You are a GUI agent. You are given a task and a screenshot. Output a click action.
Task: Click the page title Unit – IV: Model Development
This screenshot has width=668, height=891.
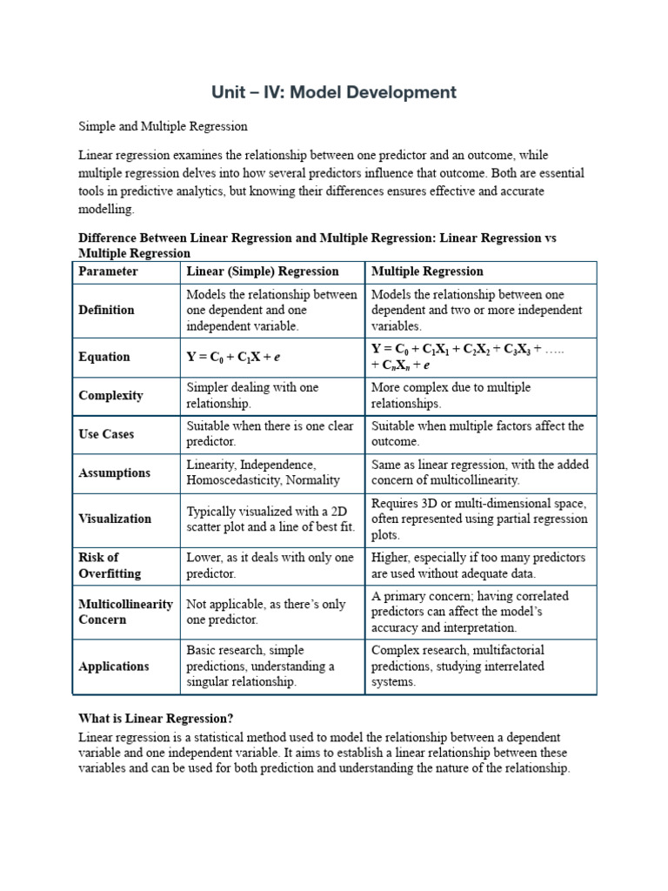click(x=334, y=92)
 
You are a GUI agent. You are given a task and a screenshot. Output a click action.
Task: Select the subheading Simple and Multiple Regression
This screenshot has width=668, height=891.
click(x=163, y=126)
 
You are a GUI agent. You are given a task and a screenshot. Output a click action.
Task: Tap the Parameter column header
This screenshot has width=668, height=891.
click(x=108, y=271)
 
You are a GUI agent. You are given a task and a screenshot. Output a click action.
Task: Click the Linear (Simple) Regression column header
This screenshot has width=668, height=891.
click(x=263, y=271)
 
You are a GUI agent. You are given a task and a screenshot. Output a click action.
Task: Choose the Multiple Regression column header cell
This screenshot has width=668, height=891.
click(x=427, y=271)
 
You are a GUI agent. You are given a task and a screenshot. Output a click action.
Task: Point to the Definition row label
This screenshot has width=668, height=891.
click(x=106, y=310)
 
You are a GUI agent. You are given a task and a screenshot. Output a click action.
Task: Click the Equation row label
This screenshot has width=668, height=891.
click(x=104, y=357)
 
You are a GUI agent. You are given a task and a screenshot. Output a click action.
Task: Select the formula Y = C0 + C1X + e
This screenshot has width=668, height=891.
click(x=236, y=357)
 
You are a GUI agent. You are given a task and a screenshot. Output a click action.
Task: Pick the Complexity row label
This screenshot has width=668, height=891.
click(x=110, y=395)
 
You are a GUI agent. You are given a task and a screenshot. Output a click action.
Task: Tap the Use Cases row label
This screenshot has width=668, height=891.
click(x=106, y=433)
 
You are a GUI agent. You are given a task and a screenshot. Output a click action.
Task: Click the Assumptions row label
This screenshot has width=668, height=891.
click(x=114, y=472)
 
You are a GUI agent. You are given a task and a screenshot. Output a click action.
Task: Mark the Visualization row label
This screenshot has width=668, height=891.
click(x=115, y=519)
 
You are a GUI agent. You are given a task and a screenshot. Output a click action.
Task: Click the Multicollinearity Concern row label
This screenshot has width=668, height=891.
click(x=125, y=612)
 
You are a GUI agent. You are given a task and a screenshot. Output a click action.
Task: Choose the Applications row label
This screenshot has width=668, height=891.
click(x=114, y=667)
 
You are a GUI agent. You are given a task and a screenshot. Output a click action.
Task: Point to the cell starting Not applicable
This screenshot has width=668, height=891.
click(x=265, y=612)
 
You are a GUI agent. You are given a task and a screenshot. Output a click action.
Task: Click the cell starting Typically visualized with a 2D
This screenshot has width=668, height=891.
click(x=271, y=519)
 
